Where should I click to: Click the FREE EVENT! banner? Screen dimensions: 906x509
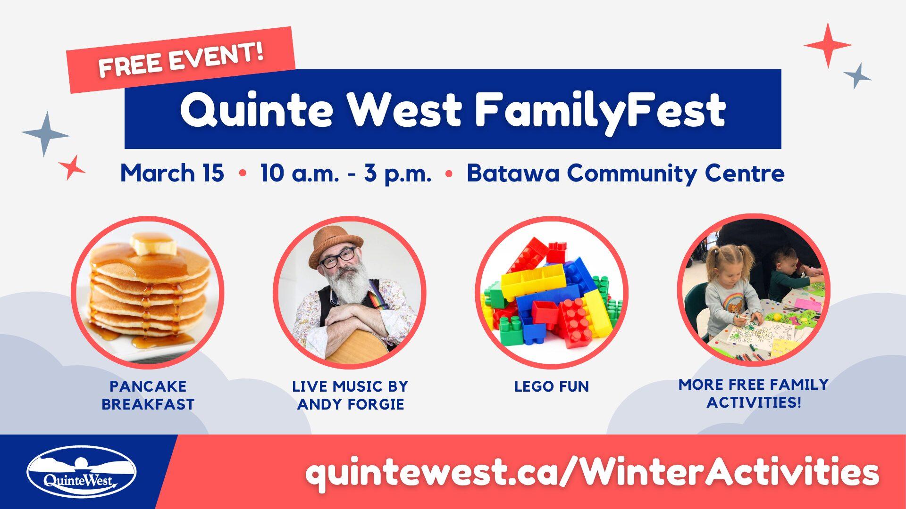(x=181, y=60)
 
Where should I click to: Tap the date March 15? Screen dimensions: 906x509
(x=172, y=173)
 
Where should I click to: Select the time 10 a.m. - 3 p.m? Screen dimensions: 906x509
(x=345, y=174)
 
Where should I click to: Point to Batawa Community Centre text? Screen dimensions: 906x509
(x=625, y=173)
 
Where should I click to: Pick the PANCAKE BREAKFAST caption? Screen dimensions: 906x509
(x=148, y=395)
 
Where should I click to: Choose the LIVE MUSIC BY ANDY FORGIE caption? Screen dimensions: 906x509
(x=350, y=395)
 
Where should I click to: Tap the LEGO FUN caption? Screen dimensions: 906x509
(x=552, y=386)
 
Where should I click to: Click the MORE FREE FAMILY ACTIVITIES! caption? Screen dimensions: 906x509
(x=753, y=394)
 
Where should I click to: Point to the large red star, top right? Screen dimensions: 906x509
(x=828, y=45)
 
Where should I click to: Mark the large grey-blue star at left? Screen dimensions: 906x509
(x=45, y=134)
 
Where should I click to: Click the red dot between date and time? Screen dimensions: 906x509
(x=243, y=173)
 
